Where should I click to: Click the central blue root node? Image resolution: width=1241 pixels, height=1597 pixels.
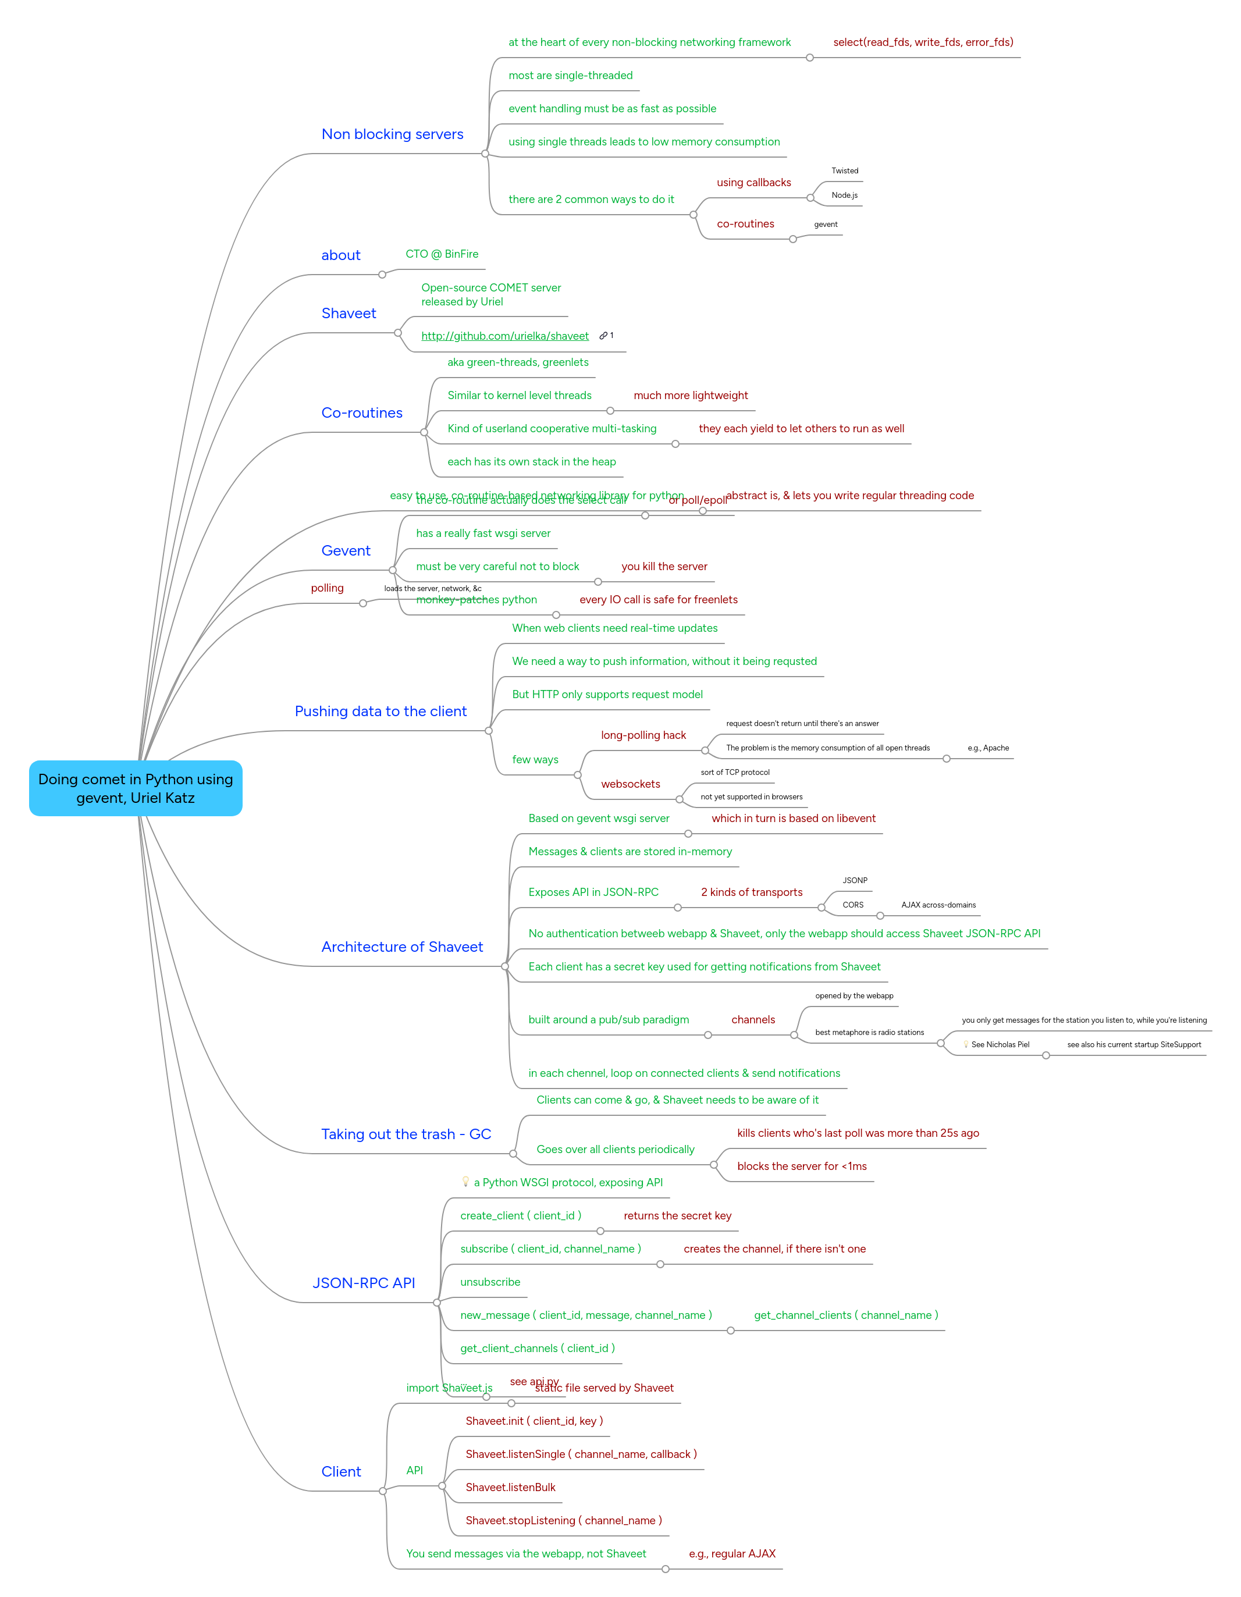pyautogui.click(x=136, y=788)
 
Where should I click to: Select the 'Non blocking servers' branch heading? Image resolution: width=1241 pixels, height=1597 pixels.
pyautogui.click(x=392, y=134)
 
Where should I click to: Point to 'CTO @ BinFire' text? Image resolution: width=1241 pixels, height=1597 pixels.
pyautogui.click(x=442, y=254)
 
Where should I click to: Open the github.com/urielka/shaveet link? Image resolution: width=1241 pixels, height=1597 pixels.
pyautogui.click(x=504, y=336)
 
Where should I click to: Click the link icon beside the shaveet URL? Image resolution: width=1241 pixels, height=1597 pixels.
pyautogui.click(x=603, y=336)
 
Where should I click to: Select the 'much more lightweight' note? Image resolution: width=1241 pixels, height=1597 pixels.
pyautogui.click(x=691, y=395)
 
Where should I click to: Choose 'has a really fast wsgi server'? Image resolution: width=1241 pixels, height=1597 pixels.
pyautogui.click(x=483, y=533)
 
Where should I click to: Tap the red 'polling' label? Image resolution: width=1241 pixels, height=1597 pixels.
pyautogui.click(x=327, y=588)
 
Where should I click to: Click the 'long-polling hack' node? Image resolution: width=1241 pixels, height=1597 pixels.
pyautogui.click(x=643, y=735)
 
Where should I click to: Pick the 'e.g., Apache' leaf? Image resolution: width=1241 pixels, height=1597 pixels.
pyautogui.click(x=987, y=748)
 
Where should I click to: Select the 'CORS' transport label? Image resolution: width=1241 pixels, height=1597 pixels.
pyautogui.click(x=853, y=905)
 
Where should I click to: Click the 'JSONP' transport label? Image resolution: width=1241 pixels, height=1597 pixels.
pyautogui.click(x=854, y=880)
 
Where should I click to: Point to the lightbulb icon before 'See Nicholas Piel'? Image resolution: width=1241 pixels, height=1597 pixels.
pyautogui.click(x=965, y=1044)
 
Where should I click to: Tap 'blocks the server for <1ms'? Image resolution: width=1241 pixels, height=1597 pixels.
pyautogui.click(x=802, y=1165)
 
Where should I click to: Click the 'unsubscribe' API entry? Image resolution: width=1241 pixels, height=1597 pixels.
pyautogui.click(x=490, y=1282)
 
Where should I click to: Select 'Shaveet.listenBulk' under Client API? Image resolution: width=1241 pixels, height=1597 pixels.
pyautogui.click(x=510, y=1487)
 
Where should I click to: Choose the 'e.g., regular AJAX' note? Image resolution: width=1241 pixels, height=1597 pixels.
pyautogui.click(x=731, y=1553)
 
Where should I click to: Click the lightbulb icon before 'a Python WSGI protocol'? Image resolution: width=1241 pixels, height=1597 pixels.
pyautogui.click(x=465, y=1182)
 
